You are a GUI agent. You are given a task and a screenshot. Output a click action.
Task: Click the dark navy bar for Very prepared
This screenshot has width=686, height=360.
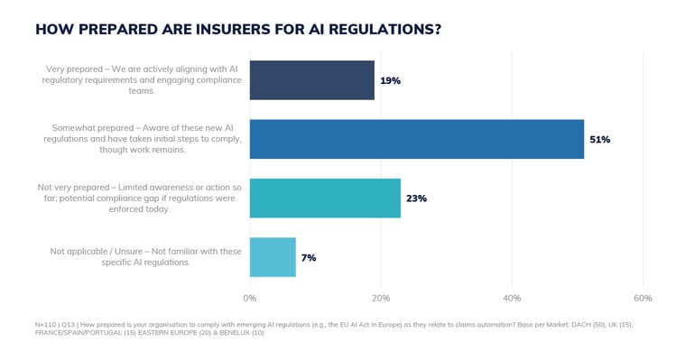tap(311, 80)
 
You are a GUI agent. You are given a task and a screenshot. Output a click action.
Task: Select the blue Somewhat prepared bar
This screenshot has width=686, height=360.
tap(416, 139)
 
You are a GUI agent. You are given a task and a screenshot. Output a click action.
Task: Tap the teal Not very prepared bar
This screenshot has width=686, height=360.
tap(324, 198)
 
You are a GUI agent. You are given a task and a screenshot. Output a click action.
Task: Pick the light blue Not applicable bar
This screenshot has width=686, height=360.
tap(272, 257)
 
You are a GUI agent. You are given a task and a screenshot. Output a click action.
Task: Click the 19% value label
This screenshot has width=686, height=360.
tap(390, 80)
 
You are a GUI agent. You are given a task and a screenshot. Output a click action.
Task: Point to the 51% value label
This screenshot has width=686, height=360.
tap(599, 139)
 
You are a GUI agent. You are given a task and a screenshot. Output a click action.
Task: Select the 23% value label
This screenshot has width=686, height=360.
tap(416, 198)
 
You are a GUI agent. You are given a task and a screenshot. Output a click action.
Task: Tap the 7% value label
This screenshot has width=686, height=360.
tap(309, 257)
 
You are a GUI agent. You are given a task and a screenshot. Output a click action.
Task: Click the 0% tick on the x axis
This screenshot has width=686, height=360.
tap(250, 298)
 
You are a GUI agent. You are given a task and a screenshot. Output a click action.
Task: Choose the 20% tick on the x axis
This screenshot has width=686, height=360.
tap(381, 298)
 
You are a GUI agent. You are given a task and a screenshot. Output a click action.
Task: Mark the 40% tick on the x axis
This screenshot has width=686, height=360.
tap(512, 298)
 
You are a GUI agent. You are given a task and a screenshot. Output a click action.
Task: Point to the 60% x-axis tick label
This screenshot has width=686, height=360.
tap(643, 298)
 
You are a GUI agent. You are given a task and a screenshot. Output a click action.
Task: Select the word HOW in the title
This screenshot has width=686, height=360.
tap(52, 29)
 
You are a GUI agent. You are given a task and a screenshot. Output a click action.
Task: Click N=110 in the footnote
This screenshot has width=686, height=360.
tap(46, 324)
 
